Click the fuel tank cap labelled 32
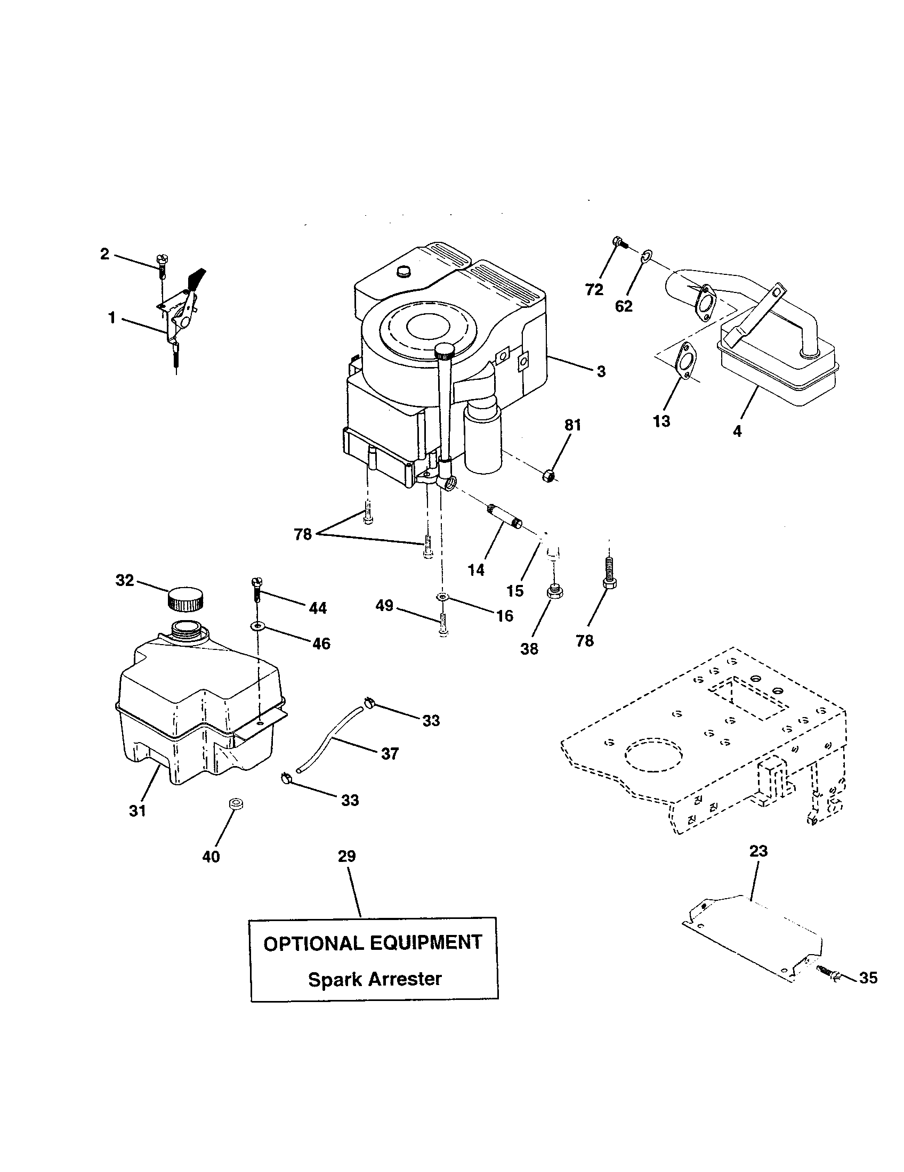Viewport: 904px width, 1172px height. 185,599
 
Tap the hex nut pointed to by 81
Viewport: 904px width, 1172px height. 548,474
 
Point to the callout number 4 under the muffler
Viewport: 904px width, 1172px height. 737,431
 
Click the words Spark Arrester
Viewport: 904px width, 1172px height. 374,979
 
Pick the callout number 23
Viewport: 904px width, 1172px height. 758,851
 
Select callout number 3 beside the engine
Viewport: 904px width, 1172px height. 601,371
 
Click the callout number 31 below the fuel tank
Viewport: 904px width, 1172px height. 138,811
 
